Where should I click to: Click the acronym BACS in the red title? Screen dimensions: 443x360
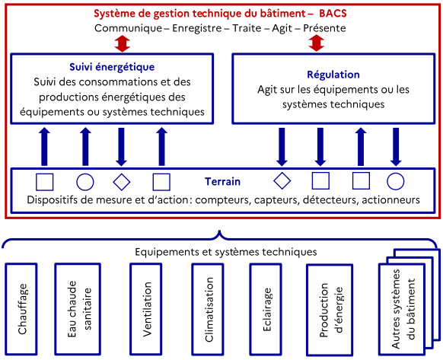click(x=333, y=14)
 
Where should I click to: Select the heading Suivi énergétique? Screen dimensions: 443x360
click(x=112, y=67)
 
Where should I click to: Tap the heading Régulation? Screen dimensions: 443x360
click(x=333, y=75)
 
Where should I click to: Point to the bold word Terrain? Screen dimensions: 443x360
click(x=222, y=181)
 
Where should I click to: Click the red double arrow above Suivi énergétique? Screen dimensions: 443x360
click(x=122, y=43)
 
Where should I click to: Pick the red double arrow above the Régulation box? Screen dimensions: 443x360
click(x=316, y=43)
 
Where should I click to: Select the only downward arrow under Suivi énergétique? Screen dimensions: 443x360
click(x=121, y=147)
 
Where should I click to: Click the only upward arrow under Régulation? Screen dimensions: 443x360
click(x=361, y=147)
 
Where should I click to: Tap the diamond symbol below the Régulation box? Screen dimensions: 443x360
click(x=282, y=180)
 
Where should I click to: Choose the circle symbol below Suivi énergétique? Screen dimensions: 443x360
click(x=85, y=182)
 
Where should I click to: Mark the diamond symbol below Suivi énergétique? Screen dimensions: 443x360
click(x=122, y=182)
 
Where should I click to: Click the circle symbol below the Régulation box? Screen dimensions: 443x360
click(x=396, y=181)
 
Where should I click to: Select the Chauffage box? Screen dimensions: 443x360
click(x=21, y=309)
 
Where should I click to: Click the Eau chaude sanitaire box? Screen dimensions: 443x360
click(x=78, y=309)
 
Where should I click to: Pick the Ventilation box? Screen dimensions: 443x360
click(x=146, y=309)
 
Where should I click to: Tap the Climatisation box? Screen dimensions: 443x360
click(x=208, y=309)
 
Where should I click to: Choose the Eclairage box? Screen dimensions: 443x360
click(x=266, y=309)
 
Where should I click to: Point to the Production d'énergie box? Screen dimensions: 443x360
click(x=330, y=310)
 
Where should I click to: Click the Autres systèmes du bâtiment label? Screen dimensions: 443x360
click(x=403, y=309)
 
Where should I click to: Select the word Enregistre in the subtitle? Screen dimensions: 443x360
click(x=197, y=28)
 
